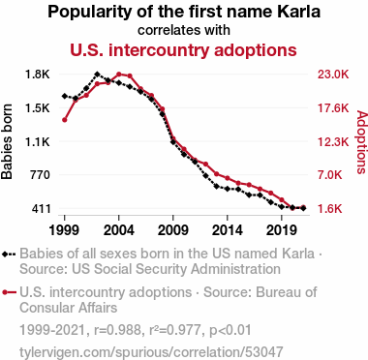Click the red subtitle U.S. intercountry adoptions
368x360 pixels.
coord(183,50)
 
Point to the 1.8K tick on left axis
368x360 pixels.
coord(38,75)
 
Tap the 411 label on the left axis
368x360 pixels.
coord(41,209)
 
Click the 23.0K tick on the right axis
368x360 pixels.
coord(333,75)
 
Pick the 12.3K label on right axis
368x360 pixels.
coord(333,141)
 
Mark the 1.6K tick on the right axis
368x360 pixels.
coord(330,209)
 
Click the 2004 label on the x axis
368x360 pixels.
coord(119,230)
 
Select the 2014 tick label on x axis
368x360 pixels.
coord(228,230)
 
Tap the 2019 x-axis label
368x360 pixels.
coord(282,230)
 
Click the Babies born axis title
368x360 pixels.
coord(7,141)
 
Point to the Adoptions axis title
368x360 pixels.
coord(362,142)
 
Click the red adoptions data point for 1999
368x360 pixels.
coord(65,120)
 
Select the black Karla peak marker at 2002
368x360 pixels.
coord(97,75)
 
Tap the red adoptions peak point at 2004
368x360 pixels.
coord(119,75)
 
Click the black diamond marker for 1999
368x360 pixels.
coord(65,96)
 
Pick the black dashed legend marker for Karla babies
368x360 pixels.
coord(9,254)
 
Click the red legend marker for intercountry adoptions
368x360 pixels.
coord(9,292)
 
